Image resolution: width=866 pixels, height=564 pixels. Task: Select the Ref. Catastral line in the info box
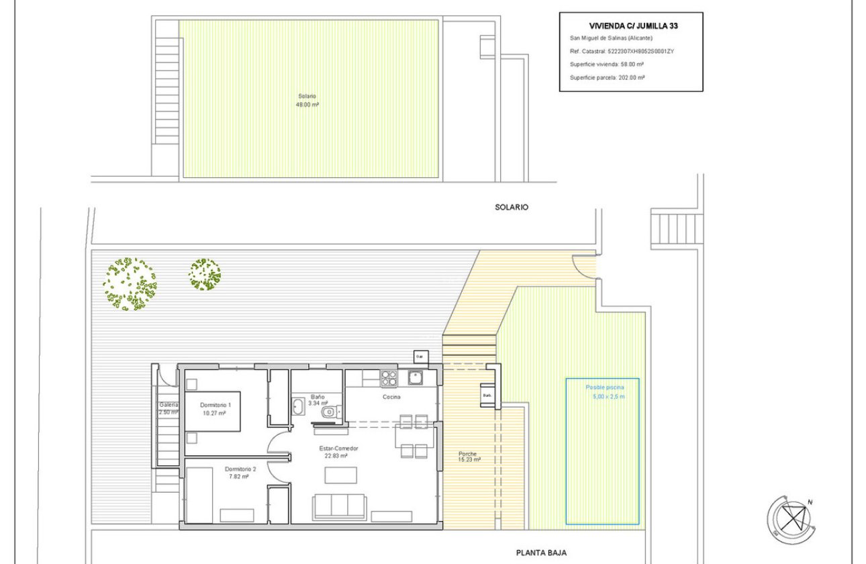click(x=622, y=51)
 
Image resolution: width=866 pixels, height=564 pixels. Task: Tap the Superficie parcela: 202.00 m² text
click(x=607, y=78)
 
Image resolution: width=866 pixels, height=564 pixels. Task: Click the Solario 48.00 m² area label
click(x=309, y=100)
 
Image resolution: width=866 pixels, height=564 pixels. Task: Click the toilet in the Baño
click(x=328, y=412)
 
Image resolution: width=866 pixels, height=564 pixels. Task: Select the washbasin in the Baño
click(x=297, y=406)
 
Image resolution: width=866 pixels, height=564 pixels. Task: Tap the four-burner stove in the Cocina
click(x=389, y=379)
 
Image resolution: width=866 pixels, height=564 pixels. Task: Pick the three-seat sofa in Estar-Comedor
click(x=339, y=507)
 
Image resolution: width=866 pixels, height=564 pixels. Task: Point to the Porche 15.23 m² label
click(x=467, y=457)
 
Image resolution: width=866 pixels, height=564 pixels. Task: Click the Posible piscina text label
click(x=605, y=388)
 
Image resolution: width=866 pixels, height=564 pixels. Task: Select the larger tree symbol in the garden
click(x=129, y=284)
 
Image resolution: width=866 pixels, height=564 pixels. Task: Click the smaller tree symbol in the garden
click(x=205, y=275)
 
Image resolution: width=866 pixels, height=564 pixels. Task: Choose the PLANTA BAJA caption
click(x=541, y=553)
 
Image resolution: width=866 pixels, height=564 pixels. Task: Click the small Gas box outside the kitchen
click(x=420, y=356)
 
